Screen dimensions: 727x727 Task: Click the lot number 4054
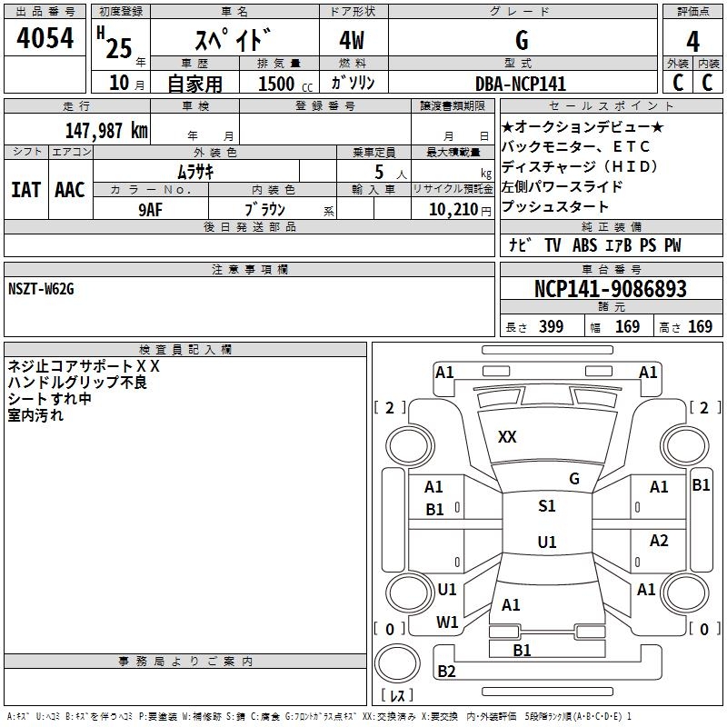45,40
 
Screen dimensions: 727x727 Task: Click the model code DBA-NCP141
521,83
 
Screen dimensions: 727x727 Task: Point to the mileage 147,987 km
105,130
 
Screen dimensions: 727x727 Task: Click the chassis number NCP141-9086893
610,289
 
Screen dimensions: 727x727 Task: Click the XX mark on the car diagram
507,437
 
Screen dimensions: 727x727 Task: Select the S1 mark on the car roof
546,506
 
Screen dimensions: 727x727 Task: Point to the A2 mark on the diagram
659,541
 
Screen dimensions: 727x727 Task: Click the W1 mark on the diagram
446,622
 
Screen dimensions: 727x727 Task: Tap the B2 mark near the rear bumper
446,672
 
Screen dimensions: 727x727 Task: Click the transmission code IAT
25,190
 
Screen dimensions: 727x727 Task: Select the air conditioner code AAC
69,190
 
